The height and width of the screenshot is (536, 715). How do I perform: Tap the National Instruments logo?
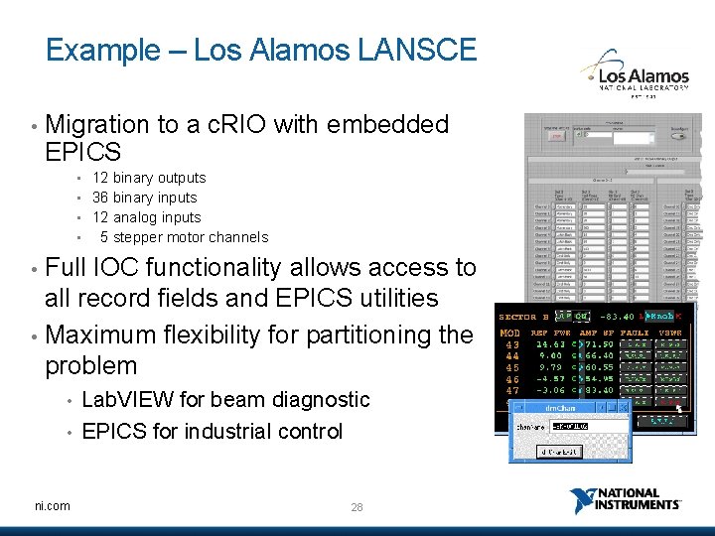(626, 501)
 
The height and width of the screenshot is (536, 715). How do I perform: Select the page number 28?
(357, 507)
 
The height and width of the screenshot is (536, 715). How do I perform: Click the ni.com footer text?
(52, 506)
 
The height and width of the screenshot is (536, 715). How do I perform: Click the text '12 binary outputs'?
(149, 178)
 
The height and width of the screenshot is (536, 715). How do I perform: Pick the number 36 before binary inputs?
(100, 198)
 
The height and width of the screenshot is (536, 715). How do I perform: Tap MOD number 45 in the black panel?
(512, 367)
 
